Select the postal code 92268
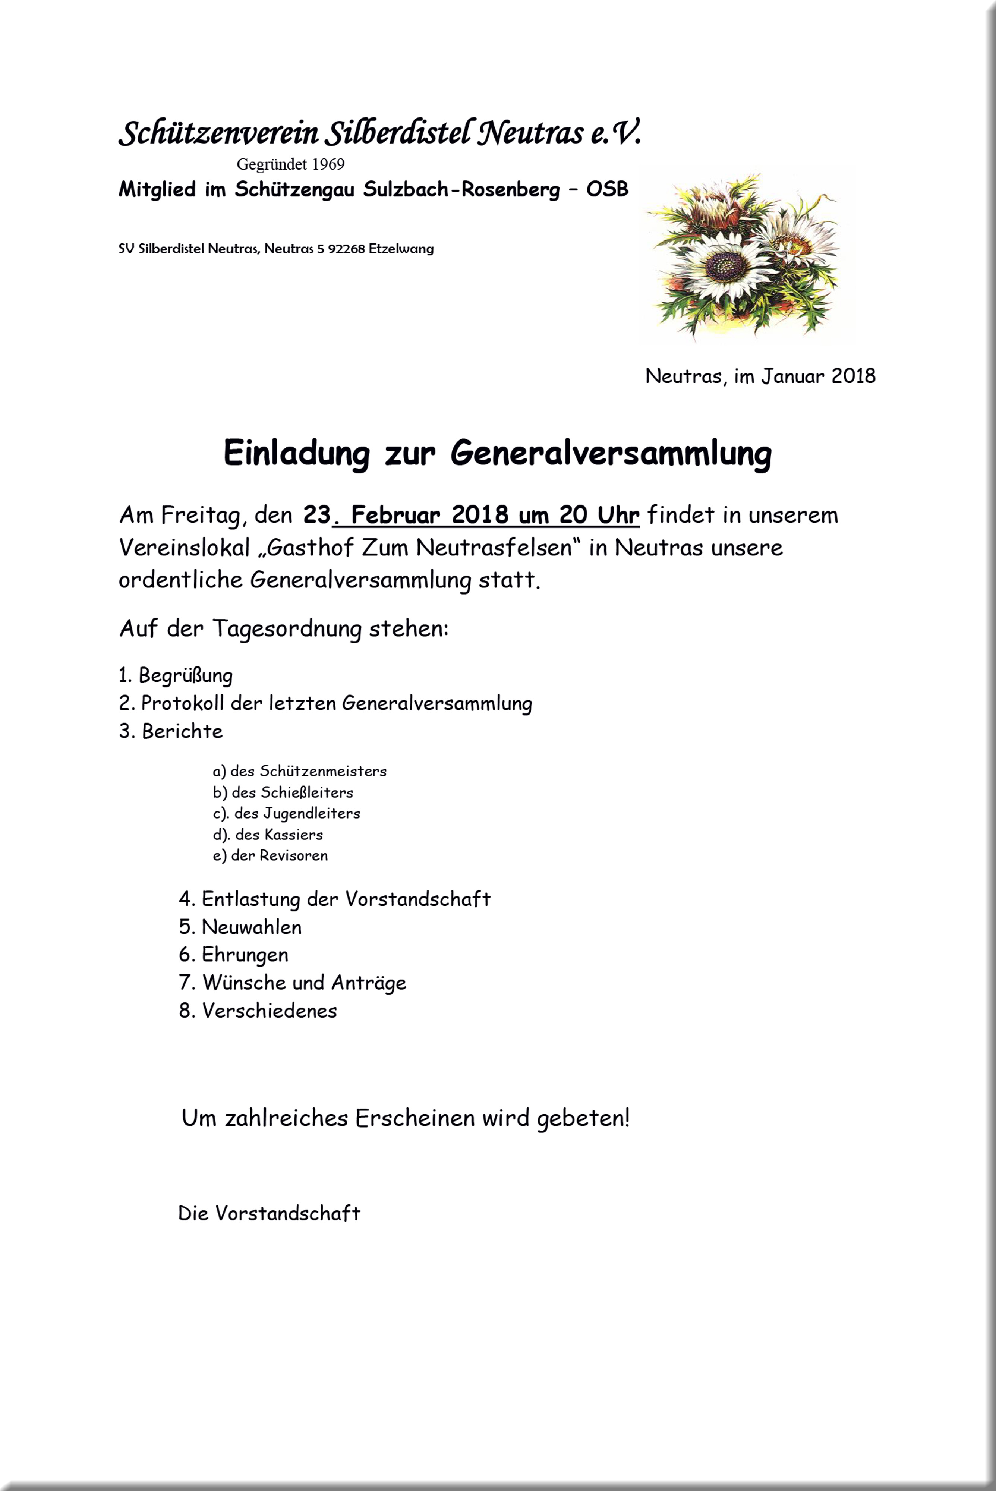tap(346, 249)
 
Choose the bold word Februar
tap(395, 514)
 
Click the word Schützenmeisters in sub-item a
tap(323, 772)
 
